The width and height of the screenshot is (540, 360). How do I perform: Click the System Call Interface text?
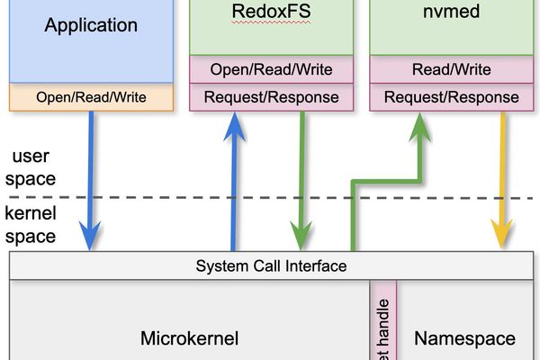point(271,266)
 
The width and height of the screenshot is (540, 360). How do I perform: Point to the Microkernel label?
point(189,338)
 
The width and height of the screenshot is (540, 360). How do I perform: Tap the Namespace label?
point(464,338)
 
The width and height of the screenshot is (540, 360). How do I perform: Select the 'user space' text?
point(31,167)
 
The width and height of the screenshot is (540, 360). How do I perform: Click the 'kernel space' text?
point(31,225)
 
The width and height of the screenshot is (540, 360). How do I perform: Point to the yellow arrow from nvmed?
point(500,180)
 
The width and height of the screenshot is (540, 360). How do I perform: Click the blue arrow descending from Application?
point(90,180)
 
